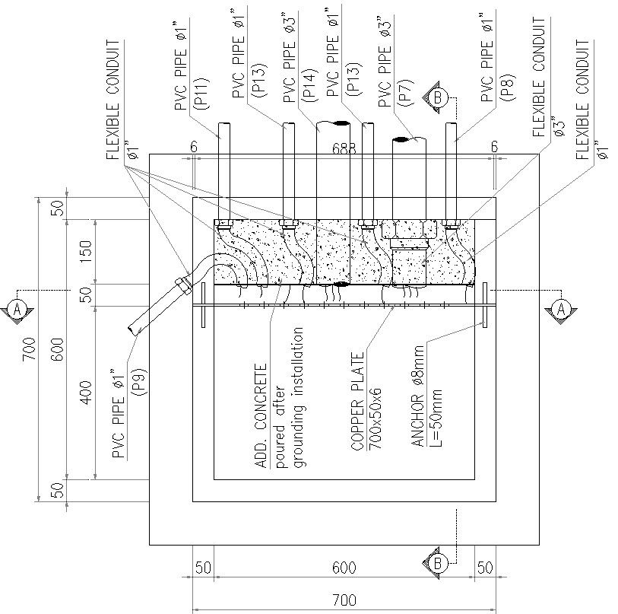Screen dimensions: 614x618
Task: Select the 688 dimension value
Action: coord(344,150)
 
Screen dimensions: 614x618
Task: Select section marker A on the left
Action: coord(15,308)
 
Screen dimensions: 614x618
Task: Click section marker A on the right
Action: coord(561,308)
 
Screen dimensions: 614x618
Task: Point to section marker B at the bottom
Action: coord(438,563)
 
